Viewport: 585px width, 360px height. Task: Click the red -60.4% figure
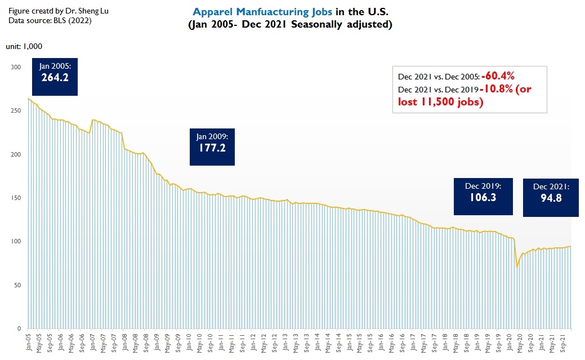[498, 76]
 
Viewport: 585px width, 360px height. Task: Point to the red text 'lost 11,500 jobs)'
[441, 102]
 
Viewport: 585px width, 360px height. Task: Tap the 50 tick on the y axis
[17, 285]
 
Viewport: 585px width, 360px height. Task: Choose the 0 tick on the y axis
[19, 328]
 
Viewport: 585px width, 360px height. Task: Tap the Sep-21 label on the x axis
[564, 343]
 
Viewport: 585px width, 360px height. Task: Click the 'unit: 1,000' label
[24, 46]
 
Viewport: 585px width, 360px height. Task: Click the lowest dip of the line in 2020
[517, 266]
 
